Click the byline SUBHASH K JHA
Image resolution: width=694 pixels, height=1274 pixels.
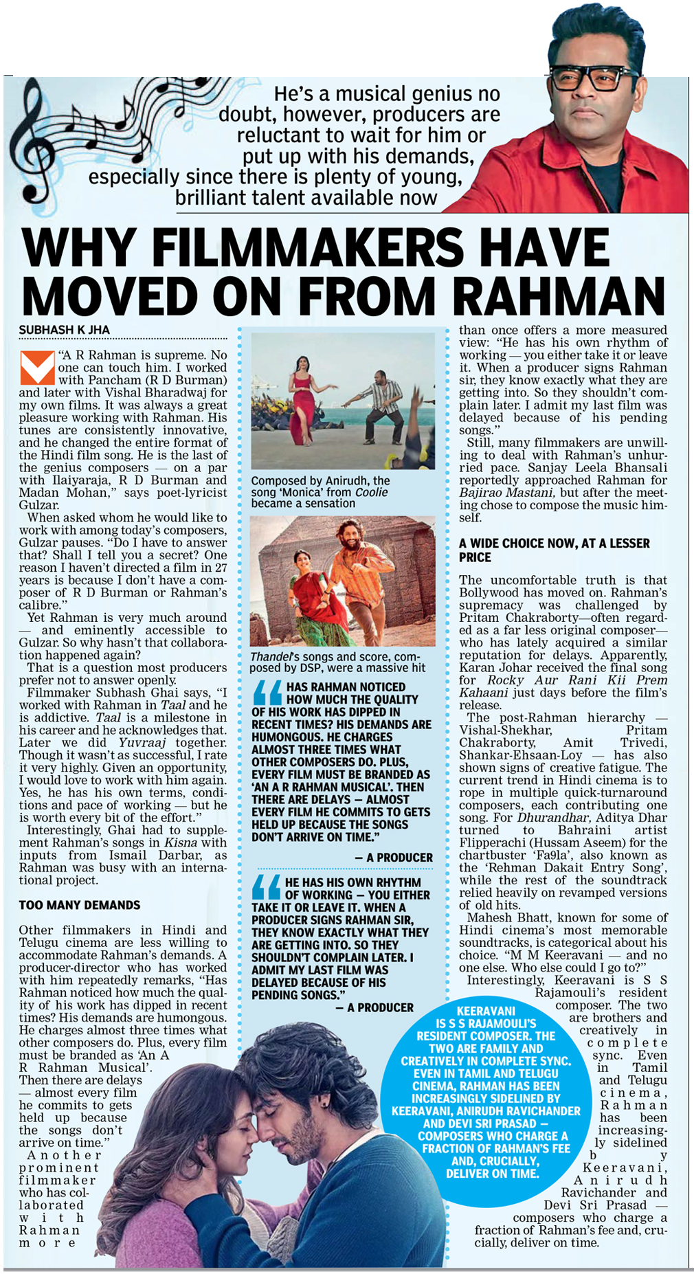point(64,331)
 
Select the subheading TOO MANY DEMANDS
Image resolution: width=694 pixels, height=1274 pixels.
point(79,905)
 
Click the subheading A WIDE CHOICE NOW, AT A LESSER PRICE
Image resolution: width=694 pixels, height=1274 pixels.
point(553,550)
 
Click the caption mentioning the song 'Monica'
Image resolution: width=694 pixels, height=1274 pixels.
point(320,492)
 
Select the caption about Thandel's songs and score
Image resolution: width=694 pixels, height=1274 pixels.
point(337,662)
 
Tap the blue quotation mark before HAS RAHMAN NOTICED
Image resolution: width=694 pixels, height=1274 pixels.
point(267,692)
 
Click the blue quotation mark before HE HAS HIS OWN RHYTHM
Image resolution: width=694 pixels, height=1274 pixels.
point(266,887)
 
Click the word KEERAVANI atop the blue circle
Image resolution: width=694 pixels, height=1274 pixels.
point(486,1011)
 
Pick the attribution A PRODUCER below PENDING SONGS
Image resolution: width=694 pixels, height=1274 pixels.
point(374,1007)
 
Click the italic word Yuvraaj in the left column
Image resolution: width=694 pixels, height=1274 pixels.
point(142,743)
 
